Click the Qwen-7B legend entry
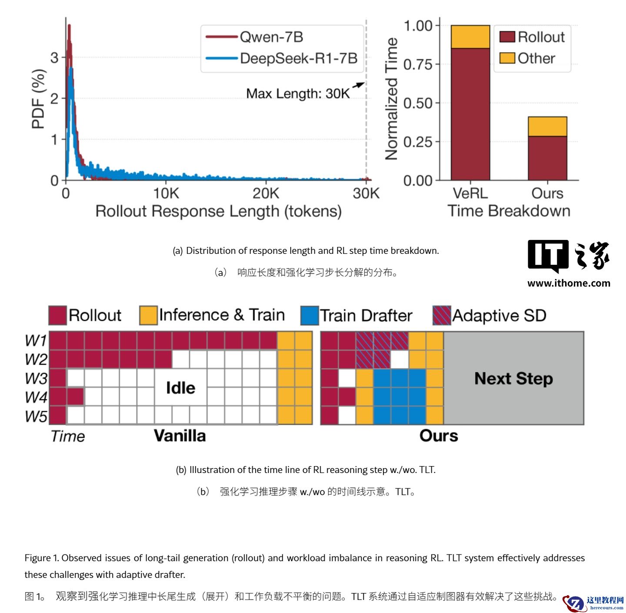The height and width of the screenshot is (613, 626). (x=271, y=37)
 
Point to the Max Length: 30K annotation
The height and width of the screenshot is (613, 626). (x=298, y=93)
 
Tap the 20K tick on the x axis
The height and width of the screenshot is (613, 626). (x=266, y=193)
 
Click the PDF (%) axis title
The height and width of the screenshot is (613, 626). (x=39, y=99)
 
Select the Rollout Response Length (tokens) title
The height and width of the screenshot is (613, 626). (x=218, y=211)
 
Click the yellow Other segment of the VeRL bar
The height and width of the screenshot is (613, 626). (x=470, y=37)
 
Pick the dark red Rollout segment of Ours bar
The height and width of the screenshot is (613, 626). (x=547, y=158)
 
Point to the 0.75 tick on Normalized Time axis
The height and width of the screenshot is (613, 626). (x=418, y=64)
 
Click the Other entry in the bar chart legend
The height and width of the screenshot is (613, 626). (x=536, y=58)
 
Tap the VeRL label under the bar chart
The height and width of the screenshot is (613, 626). (x=470, y=193)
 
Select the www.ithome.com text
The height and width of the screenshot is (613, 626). (x=569, y=283)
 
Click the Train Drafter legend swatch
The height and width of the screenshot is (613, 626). (x=310, y=316)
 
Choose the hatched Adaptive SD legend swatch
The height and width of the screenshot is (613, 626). (x=442, y=316)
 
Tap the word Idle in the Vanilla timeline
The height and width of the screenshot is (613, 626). (x=180, y=388)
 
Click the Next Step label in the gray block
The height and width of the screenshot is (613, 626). (x=513, y=378)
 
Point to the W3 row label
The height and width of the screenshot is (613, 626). (x=36, y=379)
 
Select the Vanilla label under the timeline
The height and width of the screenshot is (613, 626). (x=180, y=436)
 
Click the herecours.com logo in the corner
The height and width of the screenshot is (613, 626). (x=594, y=603)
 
